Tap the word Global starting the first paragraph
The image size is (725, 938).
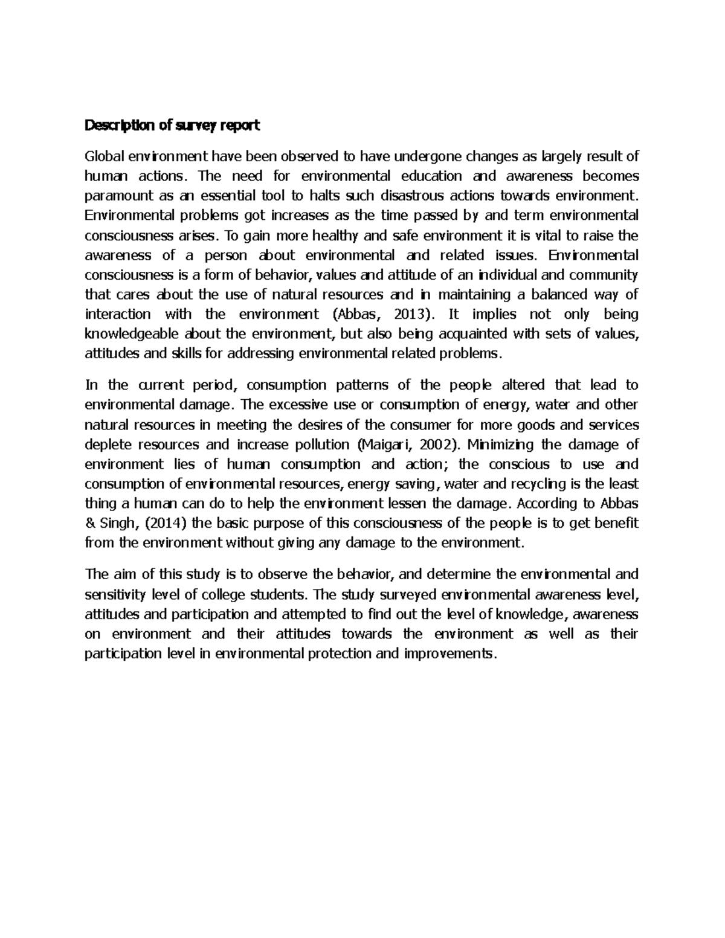pos(104,157)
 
